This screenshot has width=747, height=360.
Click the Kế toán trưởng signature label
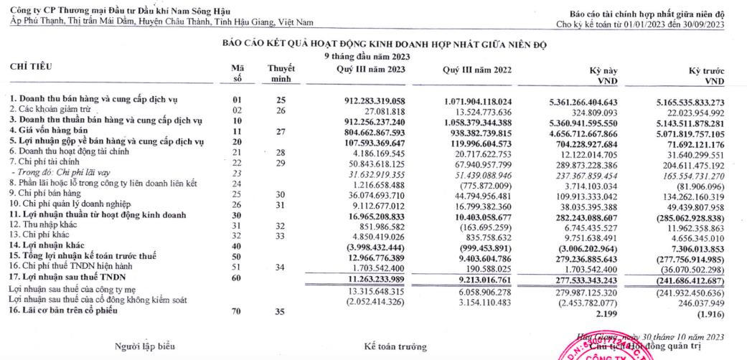point(395,346)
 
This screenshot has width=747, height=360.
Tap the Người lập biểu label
point(144,346)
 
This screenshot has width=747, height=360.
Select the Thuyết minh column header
point(281,73)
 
